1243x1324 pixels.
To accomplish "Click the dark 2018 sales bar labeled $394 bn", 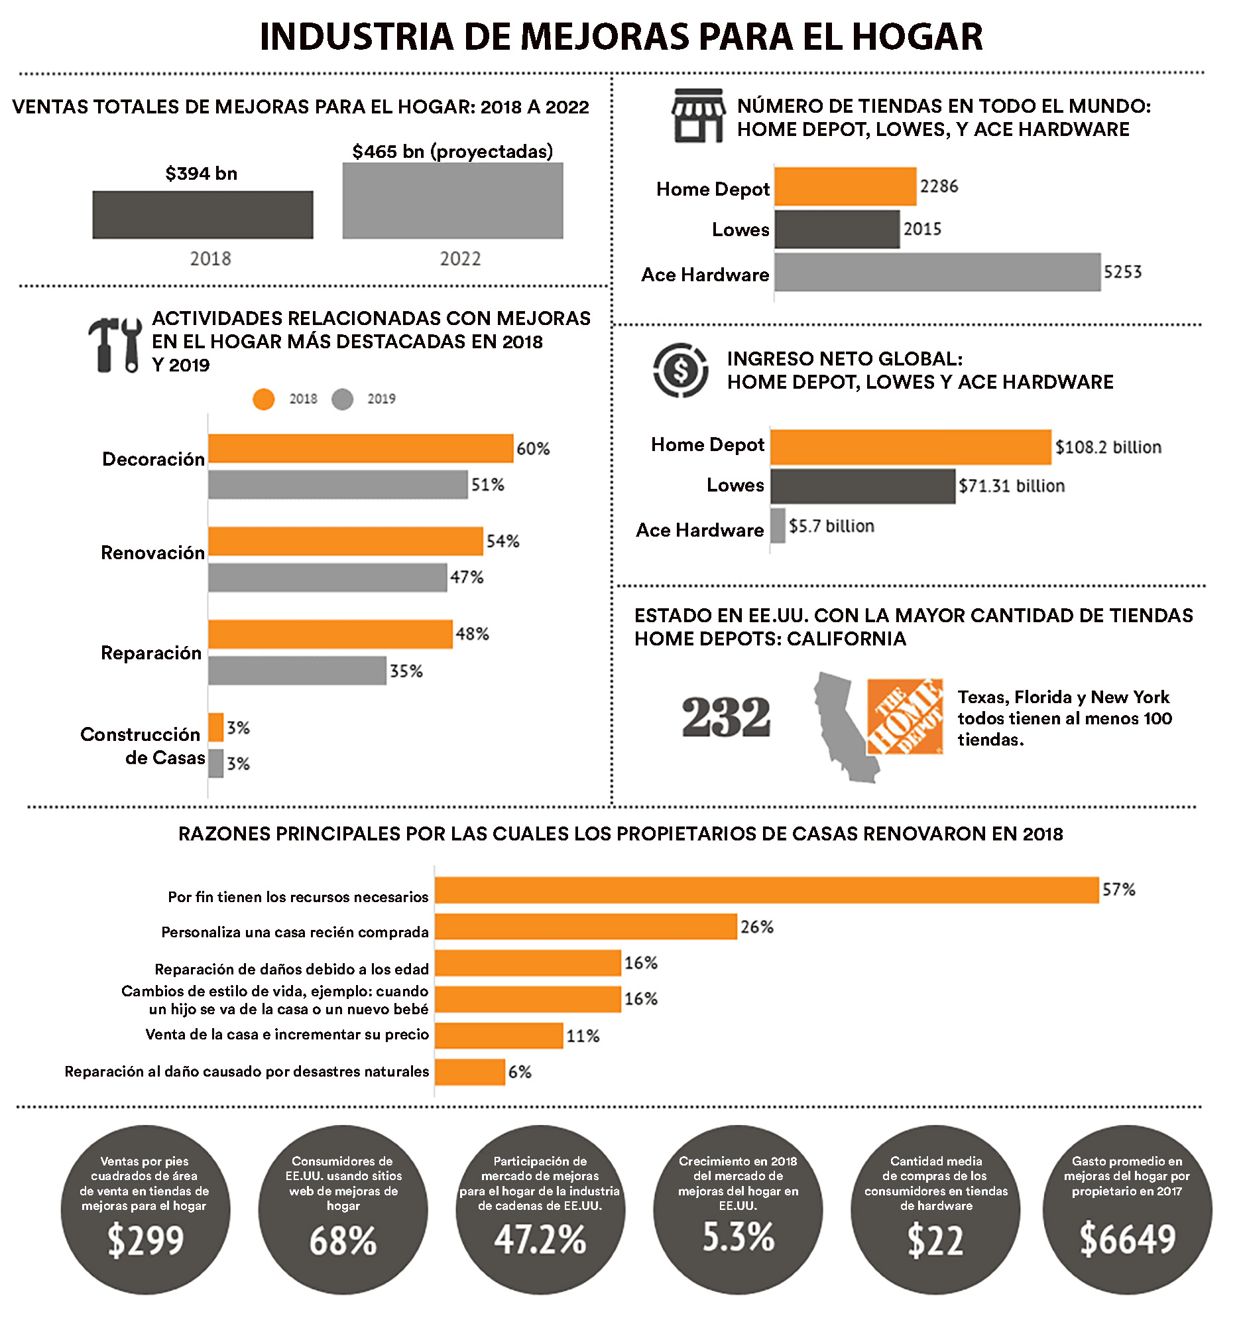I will (202, 214).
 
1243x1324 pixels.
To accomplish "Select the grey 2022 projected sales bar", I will (453, 200).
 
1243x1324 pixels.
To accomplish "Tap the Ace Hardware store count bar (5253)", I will (937, 272).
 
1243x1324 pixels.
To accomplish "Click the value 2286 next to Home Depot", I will (939, 186).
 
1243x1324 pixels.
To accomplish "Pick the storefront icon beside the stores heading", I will (697, 116).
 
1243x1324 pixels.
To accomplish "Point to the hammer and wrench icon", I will (115, 344).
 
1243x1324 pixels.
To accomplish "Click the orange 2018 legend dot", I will (264, 399).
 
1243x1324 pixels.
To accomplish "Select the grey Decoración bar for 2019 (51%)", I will (337, 484).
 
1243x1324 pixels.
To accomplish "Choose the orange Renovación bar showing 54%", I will (345, 541).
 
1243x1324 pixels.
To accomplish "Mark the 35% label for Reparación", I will (406, 671).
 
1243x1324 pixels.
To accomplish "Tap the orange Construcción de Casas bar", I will (215, 727).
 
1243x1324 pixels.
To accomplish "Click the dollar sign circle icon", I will (680, 370).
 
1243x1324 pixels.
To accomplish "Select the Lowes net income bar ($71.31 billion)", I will (862, 486).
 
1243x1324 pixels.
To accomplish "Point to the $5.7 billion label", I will (831, 526).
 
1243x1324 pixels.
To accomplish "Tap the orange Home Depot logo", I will (905, 716).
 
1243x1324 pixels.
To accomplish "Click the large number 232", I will (726, 717).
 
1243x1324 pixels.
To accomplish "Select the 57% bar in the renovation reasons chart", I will (766, 890).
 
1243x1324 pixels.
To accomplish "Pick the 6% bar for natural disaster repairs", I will (469, 1071).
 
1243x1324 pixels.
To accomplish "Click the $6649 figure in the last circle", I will (1127, 1238).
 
